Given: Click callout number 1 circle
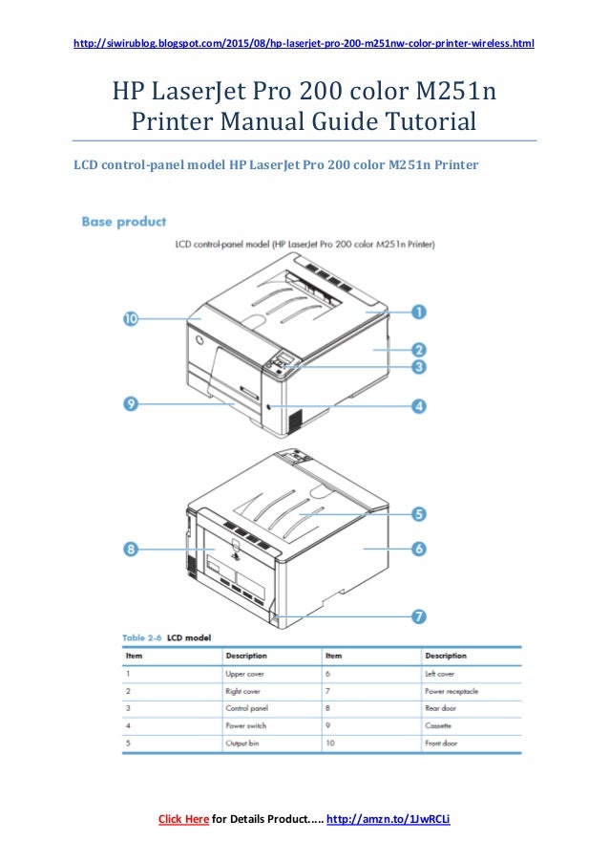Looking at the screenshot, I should tap(418, 311).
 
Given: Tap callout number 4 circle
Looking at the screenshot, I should tap(418, 406).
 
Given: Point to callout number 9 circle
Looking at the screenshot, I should tap(131, 403).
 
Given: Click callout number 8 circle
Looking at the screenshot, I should tap(131, 549).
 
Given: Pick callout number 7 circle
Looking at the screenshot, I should tap(418, 616).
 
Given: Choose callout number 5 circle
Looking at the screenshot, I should tap(418, 514).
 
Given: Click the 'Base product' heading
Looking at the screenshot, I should tap(124, 222).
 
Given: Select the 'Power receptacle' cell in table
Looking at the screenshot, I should tap(451, 691).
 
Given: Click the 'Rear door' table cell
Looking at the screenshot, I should tap(441, 708).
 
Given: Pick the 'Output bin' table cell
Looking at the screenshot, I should tap(243, 743).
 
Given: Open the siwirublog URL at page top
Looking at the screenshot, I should tap(304, 44).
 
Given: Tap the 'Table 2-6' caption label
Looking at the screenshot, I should tap(142, 637).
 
